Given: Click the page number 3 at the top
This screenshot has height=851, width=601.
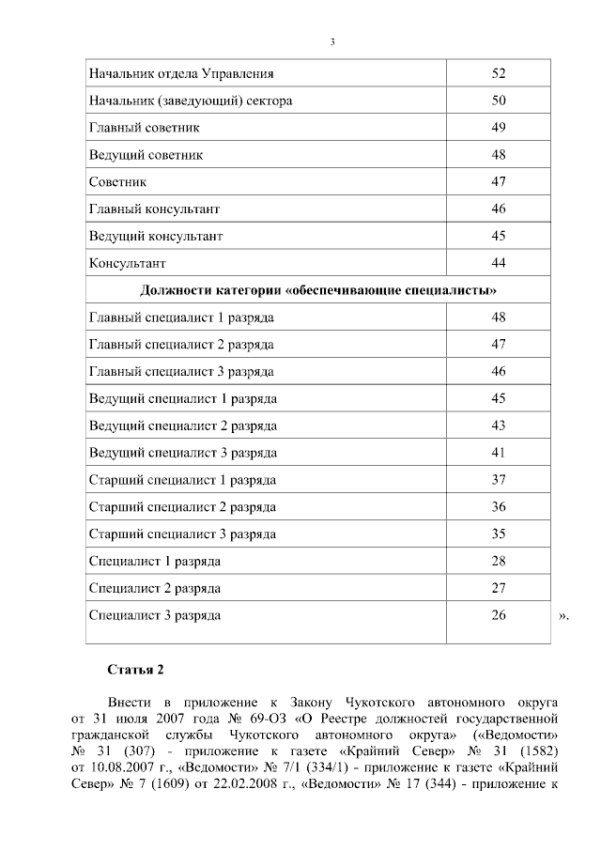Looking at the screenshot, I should (x=332, y=41).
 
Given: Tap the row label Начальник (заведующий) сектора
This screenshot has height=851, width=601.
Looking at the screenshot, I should (x=191, y=100).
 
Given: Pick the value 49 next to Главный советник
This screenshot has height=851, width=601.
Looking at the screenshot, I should (x=498, y=127).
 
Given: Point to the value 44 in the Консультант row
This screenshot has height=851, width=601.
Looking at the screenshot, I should (x=498, y=262).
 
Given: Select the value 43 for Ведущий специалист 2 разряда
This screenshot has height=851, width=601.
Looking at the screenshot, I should (x=498, y=425).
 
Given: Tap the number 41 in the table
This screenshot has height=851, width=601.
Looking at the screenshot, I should (x=498, y=453).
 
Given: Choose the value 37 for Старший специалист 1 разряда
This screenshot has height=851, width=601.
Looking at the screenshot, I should (x=498, y=480).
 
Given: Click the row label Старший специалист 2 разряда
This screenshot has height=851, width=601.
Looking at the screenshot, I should (x=182, y=507).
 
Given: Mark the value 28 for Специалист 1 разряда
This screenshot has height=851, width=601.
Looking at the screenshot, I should (x=498, y=562).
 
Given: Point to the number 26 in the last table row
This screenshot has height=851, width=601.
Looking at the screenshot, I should (x=498, y=616).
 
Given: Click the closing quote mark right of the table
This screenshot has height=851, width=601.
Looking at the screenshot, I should (x=563, y=617).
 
